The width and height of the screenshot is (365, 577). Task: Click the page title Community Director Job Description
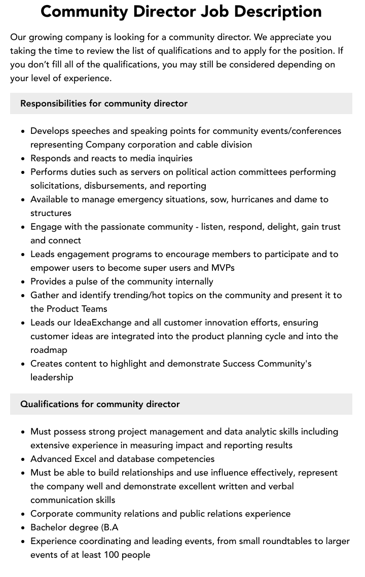(181, 11)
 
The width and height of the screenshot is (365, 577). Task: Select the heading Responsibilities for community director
(104, 103)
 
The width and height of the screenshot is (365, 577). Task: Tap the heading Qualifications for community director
(100, 404)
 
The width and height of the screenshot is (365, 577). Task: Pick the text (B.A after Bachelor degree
(103, 527)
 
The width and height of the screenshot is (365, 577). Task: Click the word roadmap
(49, 350)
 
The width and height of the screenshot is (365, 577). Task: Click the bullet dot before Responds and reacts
(23, 159)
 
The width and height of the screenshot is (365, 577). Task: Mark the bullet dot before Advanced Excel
(23, 459)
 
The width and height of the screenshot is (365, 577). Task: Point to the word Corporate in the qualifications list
(53, 514)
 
